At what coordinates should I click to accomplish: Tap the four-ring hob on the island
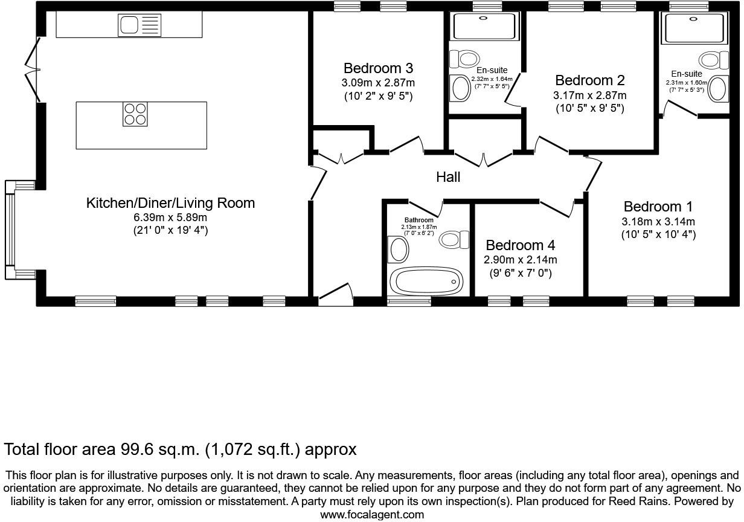[135, 114]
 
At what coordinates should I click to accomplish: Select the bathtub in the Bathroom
[426, 281]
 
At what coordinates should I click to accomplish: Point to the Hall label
[448, 177]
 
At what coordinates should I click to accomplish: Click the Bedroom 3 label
[378, 68]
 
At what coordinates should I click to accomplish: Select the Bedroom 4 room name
[520, 245]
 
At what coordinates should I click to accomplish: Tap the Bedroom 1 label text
[658, 207]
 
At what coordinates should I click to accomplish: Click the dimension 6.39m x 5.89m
[170, 217]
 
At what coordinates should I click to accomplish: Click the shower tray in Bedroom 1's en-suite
[693, 28]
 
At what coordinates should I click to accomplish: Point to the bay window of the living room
[11, 230]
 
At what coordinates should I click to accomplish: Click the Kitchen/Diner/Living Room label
[170, 203]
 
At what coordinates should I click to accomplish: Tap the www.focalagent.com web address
[371, 515]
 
